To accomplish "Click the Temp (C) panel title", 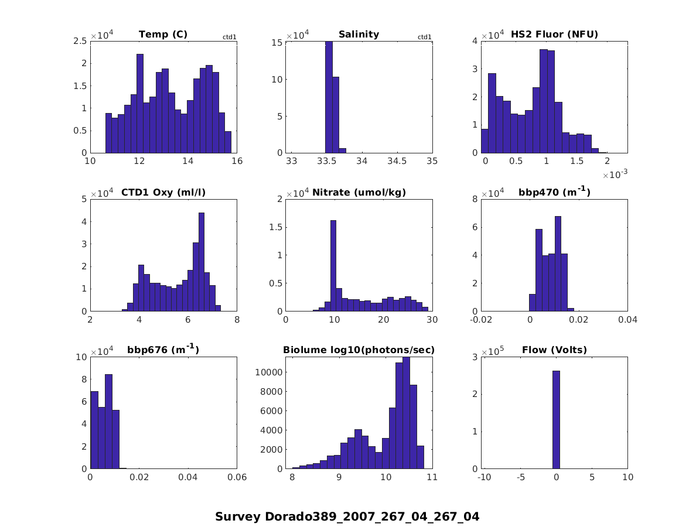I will (x=163, y=34).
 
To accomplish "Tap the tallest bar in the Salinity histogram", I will (x=329, y=97).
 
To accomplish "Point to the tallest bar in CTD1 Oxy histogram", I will (x=201, y=262).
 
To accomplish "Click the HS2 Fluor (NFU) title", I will (x=554, y=34).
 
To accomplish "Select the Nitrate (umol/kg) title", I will (x=359, y=192).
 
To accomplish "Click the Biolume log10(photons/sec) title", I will (x=359, y=350).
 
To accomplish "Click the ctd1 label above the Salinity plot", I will (x=424, y=37).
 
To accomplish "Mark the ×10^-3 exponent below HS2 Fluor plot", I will (x=615, y=174).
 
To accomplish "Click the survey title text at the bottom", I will (x=347, y=516).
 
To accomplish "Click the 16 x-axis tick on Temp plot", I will (x=237, y=162).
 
